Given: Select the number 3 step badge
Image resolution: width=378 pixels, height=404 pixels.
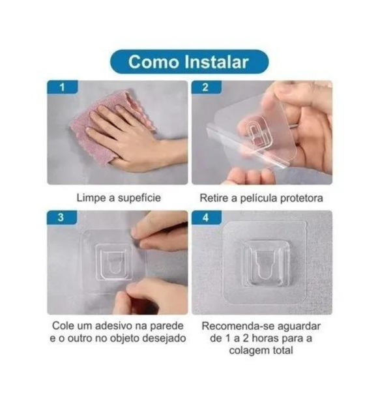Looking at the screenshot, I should pyautogui.click(x=63, y=218).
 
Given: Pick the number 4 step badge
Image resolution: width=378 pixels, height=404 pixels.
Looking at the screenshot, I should pyautogui.click(x=207, y=218).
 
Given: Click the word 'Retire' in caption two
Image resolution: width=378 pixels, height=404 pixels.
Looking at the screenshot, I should pyautogui.click(x=216, y=197).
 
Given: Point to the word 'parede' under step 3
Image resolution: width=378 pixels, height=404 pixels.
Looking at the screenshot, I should pyautogui.click(x=167, y=325).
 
